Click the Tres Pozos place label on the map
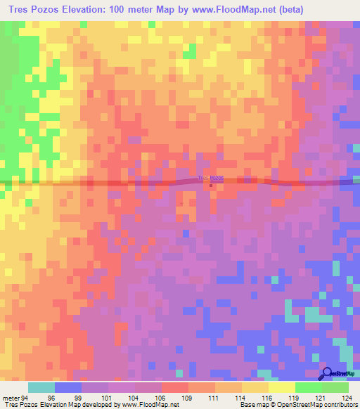coord(211,178)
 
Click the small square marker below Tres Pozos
coord(212,186)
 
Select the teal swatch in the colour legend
coord(41,387)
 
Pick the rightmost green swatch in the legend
coord(335,387)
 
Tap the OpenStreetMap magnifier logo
coord(328,372)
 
